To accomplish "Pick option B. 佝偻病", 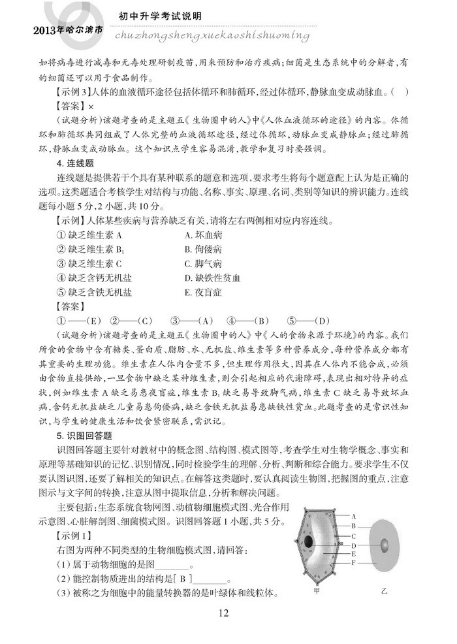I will point(204,250).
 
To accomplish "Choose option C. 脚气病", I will point(204,264).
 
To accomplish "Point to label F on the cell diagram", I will point(353,562).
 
